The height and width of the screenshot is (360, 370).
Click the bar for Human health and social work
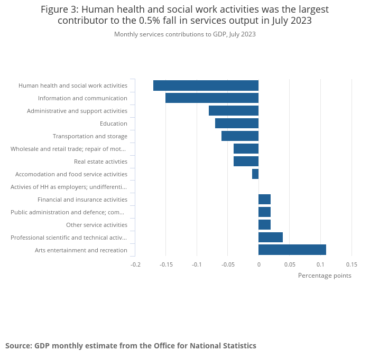206,86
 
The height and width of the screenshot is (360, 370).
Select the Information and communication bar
212,98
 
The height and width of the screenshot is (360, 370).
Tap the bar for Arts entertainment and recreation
292,250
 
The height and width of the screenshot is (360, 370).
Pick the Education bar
237,124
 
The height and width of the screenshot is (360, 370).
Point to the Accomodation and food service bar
255,174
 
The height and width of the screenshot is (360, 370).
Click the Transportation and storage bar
240,136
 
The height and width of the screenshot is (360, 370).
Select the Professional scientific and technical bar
271,238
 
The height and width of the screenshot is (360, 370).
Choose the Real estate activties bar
246,162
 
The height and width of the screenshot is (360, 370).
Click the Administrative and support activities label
77,111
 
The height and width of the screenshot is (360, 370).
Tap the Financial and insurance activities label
82,200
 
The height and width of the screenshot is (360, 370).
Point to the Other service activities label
97,225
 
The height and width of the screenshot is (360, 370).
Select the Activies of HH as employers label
69,187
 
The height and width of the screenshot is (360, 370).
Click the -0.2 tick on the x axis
136,264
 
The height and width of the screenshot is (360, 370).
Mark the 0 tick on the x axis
258,264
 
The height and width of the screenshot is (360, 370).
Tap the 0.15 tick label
351,264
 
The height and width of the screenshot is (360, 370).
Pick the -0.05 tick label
228,264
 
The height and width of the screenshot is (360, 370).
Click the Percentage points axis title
325,276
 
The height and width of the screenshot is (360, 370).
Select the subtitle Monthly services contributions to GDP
185,34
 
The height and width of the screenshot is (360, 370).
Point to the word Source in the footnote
18,346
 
